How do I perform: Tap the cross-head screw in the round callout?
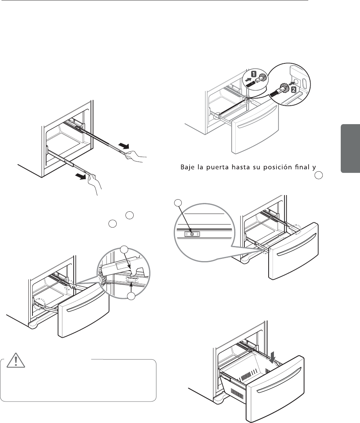(192, 234)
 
